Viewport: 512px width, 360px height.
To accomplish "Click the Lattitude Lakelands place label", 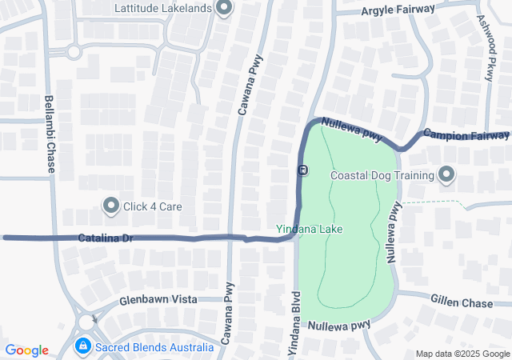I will (163, 8).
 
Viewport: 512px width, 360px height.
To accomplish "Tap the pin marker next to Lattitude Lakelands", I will (225, 9).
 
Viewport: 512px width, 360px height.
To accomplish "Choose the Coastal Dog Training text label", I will (382, 175).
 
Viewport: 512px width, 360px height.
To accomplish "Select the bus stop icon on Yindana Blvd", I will (302, 170).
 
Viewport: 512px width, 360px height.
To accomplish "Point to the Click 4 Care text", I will (152, 206).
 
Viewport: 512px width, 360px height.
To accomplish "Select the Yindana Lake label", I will (310, 230).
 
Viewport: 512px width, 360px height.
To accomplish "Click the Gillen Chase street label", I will (461, 303).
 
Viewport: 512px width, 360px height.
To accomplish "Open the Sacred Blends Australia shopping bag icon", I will (82, 347).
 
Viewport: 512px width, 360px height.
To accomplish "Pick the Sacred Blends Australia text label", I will (154, 347).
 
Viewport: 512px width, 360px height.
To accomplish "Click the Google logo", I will (27, 350).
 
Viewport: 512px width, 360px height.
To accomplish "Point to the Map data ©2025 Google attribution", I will (462, 354).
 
